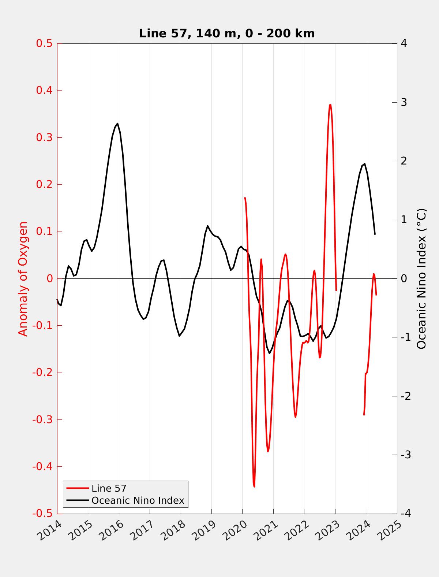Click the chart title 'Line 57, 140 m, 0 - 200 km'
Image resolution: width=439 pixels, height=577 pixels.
point(227,33)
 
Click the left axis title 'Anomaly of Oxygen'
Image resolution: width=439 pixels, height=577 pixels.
point(23,278)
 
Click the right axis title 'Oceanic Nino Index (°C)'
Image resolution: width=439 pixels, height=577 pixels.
point(422,278)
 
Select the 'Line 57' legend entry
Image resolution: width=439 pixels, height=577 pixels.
point(109,488)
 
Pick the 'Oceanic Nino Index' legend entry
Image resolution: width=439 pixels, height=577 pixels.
point(138,500)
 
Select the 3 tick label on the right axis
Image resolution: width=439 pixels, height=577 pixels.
point(404,102)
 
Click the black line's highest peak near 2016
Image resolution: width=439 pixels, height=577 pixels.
point(117,123)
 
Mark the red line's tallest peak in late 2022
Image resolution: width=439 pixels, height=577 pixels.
point(330,105)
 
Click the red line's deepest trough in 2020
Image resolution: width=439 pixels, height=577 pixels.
point(254,487)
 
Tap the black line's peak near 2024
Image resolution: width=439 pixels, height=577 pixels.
point(364,164)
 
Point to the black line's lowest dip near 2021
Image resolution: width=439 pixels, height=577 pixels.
point(270,353)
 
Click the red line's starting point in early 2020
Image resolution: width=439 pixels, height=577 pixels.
point(245,198)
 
